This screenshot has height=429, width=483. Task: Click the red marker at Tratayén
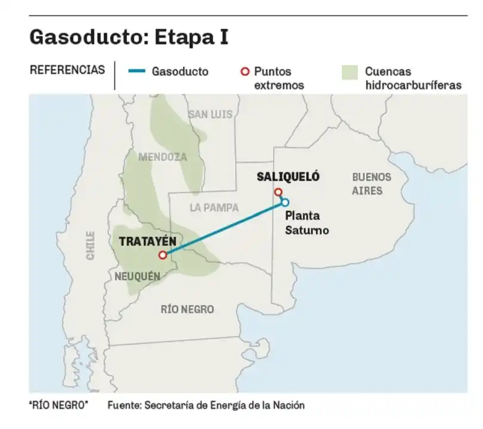(x=162, y=255)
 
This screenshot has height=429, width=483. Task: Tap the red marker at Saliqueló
(x=278, y=192)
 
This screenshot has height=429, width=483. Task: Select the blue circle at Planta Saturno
(x=285, y=202)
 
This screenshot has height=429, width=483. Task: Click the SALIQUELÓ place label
(x=288, y=177)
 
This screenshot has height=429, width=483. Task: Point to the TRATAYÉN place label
(x=147, y=242)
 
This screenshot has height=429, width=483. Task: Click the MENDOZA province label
(x=162, y=158)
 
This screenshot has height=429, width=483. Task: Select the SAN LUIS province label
(x=210, y=114)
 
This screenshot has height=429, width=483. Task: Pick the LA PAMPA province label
(x=214, y=208)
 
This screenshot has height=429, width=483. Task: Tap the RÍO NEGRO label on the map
(x=187, y=309)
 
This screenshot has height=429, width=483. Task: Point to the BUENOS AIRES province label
(x=371, y=184)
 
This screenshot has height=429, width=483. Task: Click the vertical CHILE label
(x=91, y=245)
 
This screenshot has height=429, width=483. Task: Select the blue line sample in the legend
(x=137, y=71)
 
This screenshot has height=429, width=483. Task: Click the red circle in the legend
(x=244, y=71)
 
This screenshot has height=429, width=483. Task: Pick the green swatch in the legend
(x=349, y=72)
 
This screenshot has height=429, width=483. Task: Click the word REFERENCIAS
(x=67, y=70)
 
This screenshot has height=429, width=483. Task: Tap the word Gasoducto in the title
(x=87, y=36)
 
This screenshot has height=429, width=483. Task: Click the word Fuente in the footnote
(x=124, y=405)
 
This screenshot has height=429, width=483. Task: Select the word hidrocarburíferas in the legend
(x=413, y=85)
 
